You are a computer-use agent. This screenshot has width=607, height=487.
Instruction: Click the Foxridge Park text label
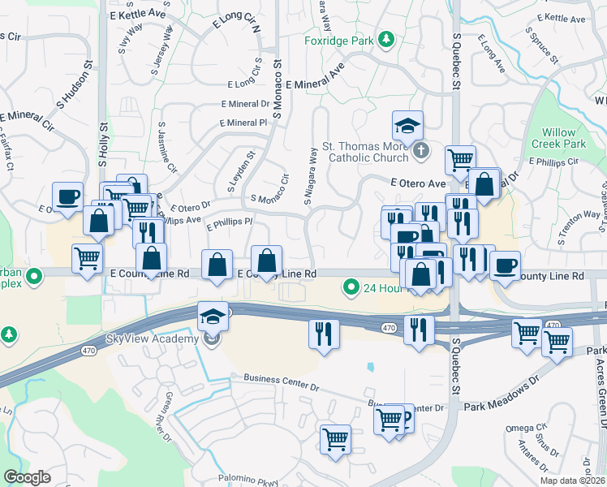tap(339, 41)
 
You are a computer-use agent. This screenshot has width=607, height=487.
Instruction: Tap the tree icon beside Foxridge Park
tap(388, 39)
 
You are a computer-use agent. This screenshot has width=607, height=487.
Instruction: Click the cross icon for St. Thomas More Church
tap(420, 150)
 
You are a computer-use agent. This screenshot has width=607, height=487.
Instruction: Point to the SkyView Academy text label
tap(151, 338)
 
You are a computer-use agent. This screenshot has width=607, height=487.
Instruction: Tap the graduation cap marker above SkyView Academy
tap(213, 315)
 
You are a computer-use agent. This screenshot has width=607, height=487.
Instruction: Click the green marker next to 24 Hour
tap(351, 286)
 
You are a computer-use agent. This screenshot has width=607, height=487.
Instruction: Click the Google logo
tap(27, 477)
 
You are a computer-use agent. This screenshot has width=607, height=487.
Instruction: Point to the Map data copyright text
tap(572, 481)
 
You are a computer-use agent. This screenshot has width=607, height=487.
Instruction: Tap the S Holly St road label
tap(103, 144)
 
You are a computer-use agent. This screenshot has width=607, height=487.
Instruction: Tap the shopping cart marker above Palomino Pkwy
tap(335, 439)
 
